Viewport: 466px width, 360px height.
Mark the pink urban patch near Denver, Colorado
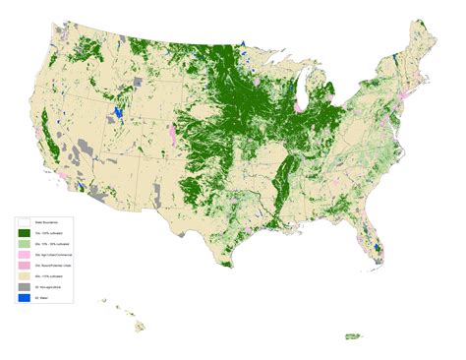point(174,133)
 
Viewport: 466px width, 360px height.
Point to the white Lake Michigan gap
point(299,98)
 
